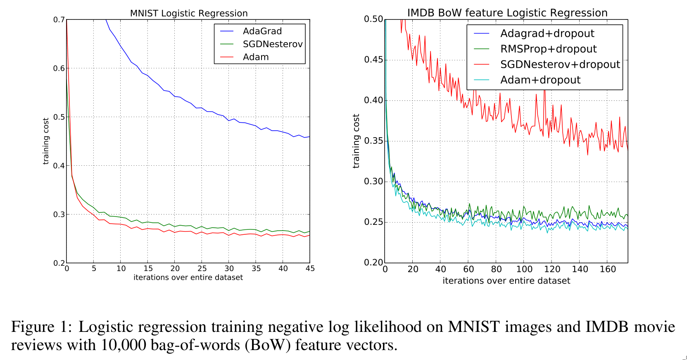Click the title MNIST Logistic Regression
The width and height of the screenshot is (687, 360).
click(x=189, y=13)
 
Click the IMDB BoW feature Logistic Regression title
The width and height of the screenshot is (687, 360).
click(x=507, y=13)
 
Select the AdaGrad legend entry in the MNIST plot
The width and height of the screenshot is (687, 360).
click(x=262, y=31)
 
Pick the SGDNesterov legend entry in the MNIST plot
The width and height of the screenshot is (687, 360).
click(x=272, y=44)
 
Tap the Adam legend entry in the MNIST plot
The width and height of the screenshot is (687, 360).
click(x=256, y=57)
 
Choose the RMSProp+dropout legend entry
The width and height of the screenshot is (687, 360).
click(x=548, y=49)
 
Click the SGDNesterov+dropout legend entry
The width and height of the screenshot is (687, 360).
click(x=560, y=64)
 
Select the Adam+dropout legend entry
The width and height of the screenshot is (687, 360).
click(x=540, y=80)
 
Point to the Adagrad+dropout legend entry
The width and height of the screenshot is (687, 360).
click(x=547, y=33)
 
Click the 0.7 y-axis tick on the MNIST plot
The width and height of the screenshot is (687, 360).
click(x=59, y=19)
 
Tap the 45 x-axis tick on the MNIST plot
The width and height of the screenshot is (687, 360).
click(x=310, y=269)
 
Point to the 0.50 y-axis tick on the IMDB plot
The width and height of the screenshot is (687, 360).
click(x=373, y=19)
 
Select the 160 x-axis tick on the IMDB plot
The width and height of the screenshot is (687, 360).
click(x=608, y=269)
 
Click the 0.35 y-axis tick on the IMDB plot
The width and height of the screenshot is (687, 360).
click(x=373, y=141)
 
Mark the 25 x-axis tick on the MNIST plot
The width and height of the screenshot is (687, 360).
click(x=202, y=269)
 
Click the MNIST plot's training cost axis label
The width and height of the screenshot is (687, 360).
click(x=46, y=141)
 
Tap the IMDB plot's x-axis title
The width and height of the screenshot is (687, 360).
click(x=506, y=281)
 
